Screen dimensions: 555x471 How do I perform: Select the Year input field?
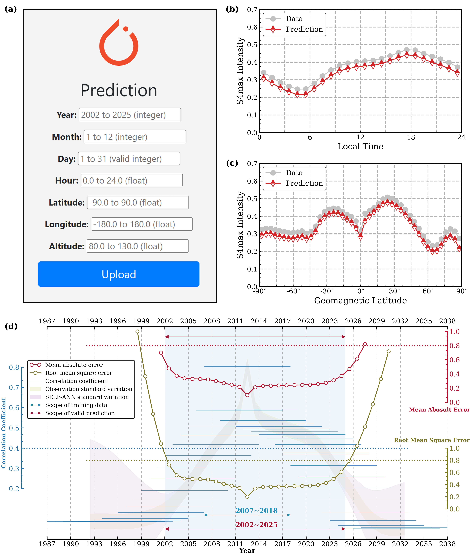tap(130, 115)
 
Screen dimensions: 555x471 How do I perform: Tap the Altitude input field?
tap(137, 246)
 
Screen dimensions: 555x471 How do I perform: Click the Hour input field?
tap(131, 181)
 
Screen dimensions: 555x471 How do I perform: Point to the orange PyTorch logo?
tap(119, 43)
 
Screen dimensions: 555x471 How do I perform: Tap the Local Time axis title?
tap(360, 147)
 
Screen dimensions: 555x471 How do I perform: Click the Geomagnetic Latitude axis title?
tap(360, 301)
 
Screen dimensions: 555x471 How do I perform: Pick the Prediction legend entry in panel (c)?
tap(304, 183)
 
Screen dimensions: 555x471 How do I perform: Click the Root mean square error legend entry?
tap(78, 373)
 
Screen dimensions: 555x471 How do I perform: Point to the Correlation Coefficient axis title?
tap(3, 433)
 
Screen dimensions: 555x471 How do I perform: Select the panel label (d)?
tap(11, 326)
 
